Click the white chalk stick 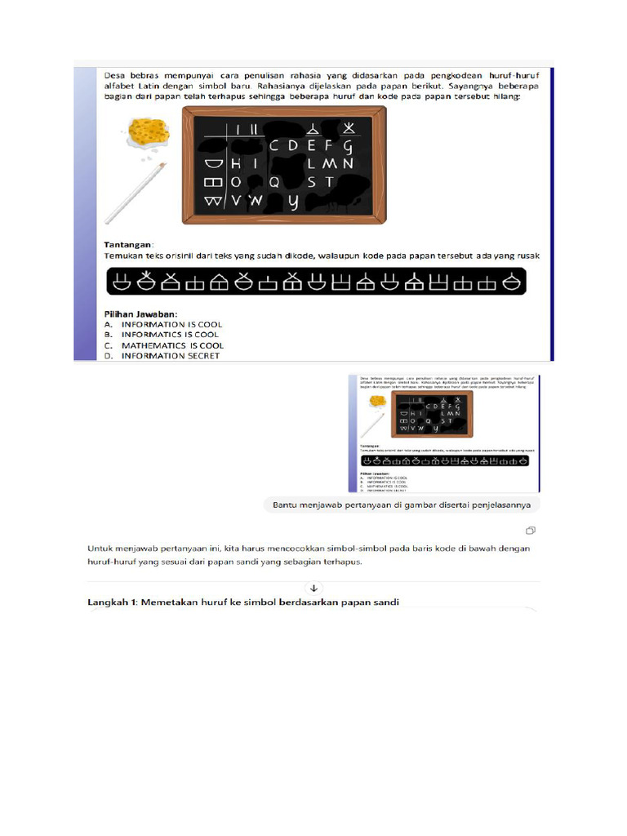pos(134,193)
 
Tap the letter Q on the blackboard pos(274,182)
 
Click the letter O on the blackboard pos(235,182)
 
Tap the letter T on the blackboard pos(330,181)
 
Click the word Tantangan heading pos(128,244)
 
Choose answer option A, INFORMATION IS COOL pos(171,324)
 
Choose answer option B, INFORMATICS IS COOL pos(170,335)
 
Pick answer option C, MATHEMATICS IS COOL pos(172,345)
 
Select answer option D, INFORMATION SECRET pos(171,356)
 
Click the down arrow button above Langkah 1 pos(313,587)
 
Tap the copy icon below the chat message pos(531,530)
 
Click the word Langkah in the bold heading pos(109,602)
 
